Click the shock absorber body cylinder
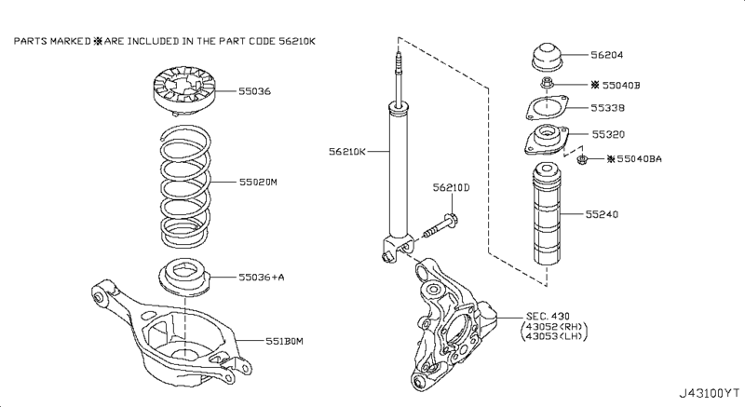tap(399, 172)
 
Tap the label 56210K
tap(346, 150)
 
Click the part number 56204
tap(609, 55)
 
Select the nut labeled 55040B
tap(551, 86)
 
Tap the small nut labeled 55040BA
tap(580, 161)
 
